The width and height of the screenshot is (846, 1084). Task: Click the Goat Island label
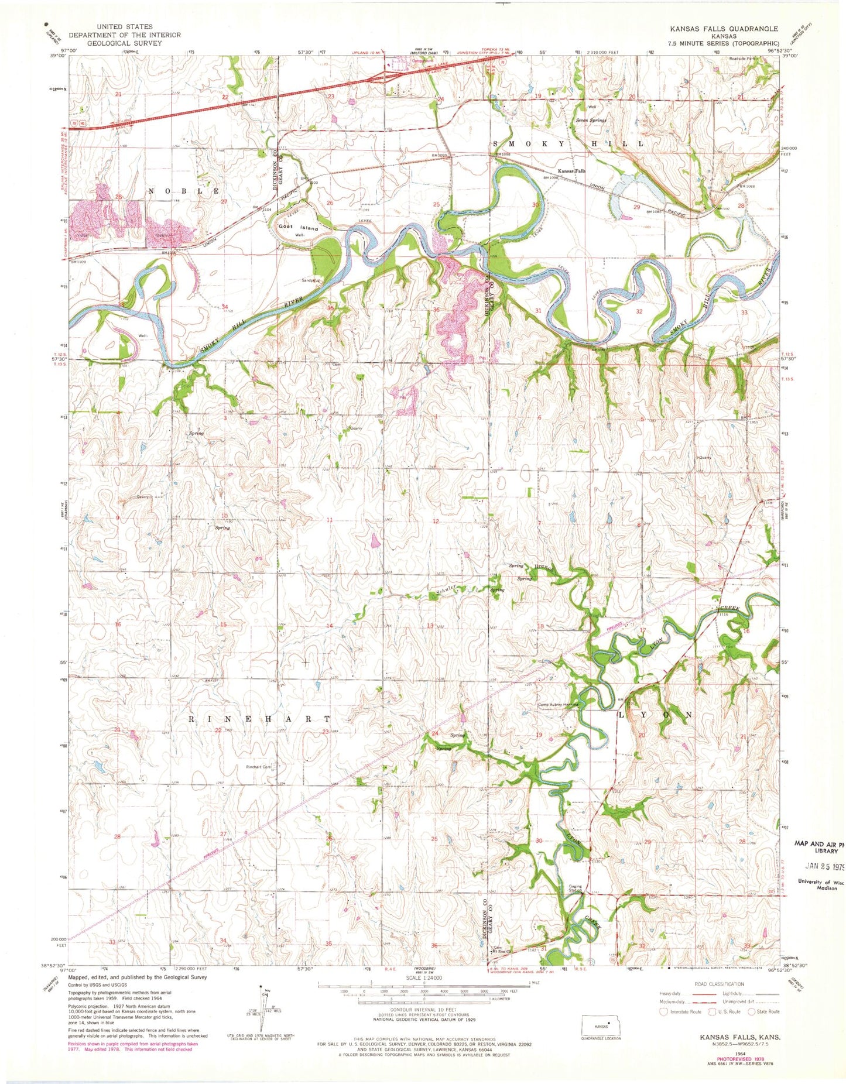point(298,227)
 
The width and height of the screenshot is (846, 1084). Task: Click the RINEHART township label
point(259,718)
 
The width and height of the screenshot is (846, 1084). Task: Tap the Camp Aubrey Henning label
point(556,705)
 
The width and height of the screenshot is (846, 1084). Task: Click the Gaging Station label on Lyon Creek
point(576,888)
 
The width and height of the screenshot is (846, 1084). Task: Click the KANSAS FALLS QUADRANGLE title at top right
point(724,29)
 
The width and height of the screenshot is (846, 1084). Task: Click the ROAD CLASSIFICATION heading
point(719,984)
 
